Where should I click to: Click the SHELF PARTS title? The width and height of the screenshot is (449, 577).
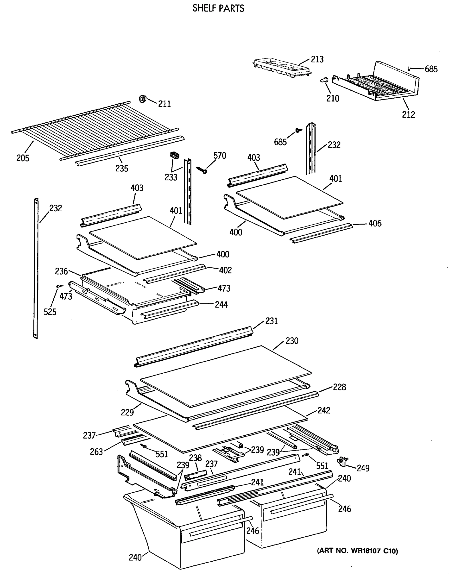click(x=218, y=8)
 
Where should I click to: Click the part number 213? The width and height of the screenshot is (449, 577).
click(x=317, y=59)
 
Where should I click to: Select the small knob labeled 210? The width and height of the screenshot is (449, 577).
click(x=324, y=80)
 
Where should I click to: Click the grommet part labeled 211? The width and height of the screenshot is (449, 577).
click(x=143, y=99)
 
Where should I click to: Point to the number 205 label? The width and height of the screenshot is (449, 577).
click(x=23, y=158)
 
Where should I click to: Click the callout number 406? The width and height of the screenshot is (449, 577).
click(x=375, y=224)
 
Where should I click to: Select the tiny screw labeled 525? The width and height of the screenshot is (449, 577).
click(x=60, y=286)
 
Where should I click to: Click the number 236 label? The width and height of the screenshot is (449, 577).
click(x=61, y=271)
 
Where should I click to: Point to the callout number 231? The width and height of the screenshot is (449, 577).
click(x=272, y=321)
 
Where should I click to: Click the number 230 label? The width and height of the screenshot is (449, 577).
click(x=292, y=341)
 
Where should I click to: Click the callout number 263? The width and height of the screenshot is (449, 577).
click(x=96, y=452)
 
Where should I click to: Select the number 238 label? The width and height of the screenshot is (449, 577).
click(x=195, y=458)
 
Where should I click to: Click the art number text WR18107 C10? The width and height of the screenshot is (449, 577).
click(x=357, y=551)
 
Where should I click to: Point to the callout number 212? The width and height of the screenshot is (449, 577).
click(x=408, y=115)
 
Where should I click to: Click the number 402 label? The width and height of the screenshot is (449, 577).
click(x=225, y=270)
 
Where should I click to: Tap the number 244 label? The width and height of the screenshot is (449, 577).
click(x=221, y=305)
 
